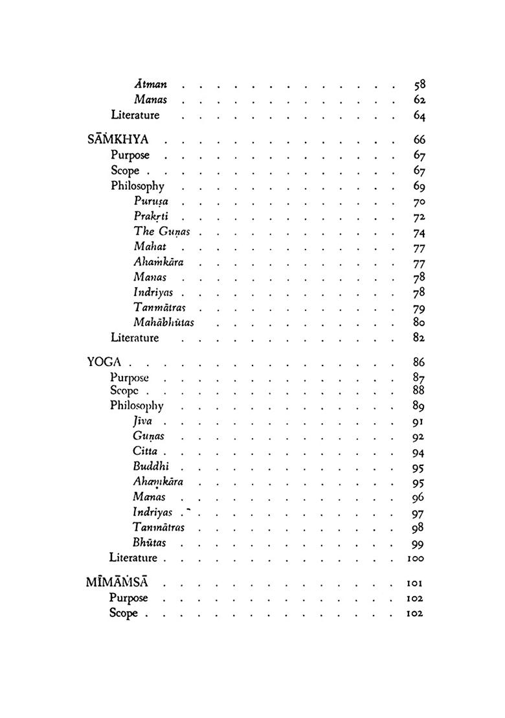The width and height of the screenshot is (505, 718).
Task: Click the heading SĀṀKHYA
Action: coord(118,139)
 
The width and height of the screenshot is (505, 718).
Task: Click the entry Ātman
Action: coord(150,84)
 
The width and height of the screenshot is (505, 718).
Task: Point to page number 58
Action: coord(418,84)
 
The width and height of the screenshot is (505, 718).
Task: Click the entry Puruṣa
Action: coord(151,201)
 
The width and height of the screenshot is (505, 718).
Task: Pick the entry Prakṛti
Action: coord(151,216)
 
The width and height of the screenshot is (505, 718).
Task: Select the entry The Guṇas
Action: coord(162,232)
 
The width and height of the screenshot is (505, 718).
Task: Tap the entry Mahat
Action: coord(150,246)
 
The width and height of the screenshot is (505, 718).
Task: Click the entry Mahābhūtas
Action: coord(164,322)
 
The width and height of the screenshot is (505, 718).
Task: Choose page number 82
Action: coord(418,338)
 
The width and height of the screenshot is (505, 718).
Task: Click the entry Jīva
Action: coord(142,421)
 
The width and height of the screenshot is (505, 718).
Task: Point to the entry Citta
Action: coord(145,451)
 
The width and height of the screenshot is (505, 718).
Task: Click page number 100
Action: coord(415,558)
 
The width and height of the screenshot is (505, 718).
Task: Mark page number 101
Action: coord(415,583)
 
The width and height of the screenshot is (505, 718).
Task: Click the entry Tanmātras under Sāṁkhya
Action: coord(159,307)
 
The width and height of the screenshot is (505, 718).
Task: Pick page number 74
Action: coord(418,233)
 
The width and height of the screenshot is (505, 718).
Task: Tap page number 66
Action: coord(418,140)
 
